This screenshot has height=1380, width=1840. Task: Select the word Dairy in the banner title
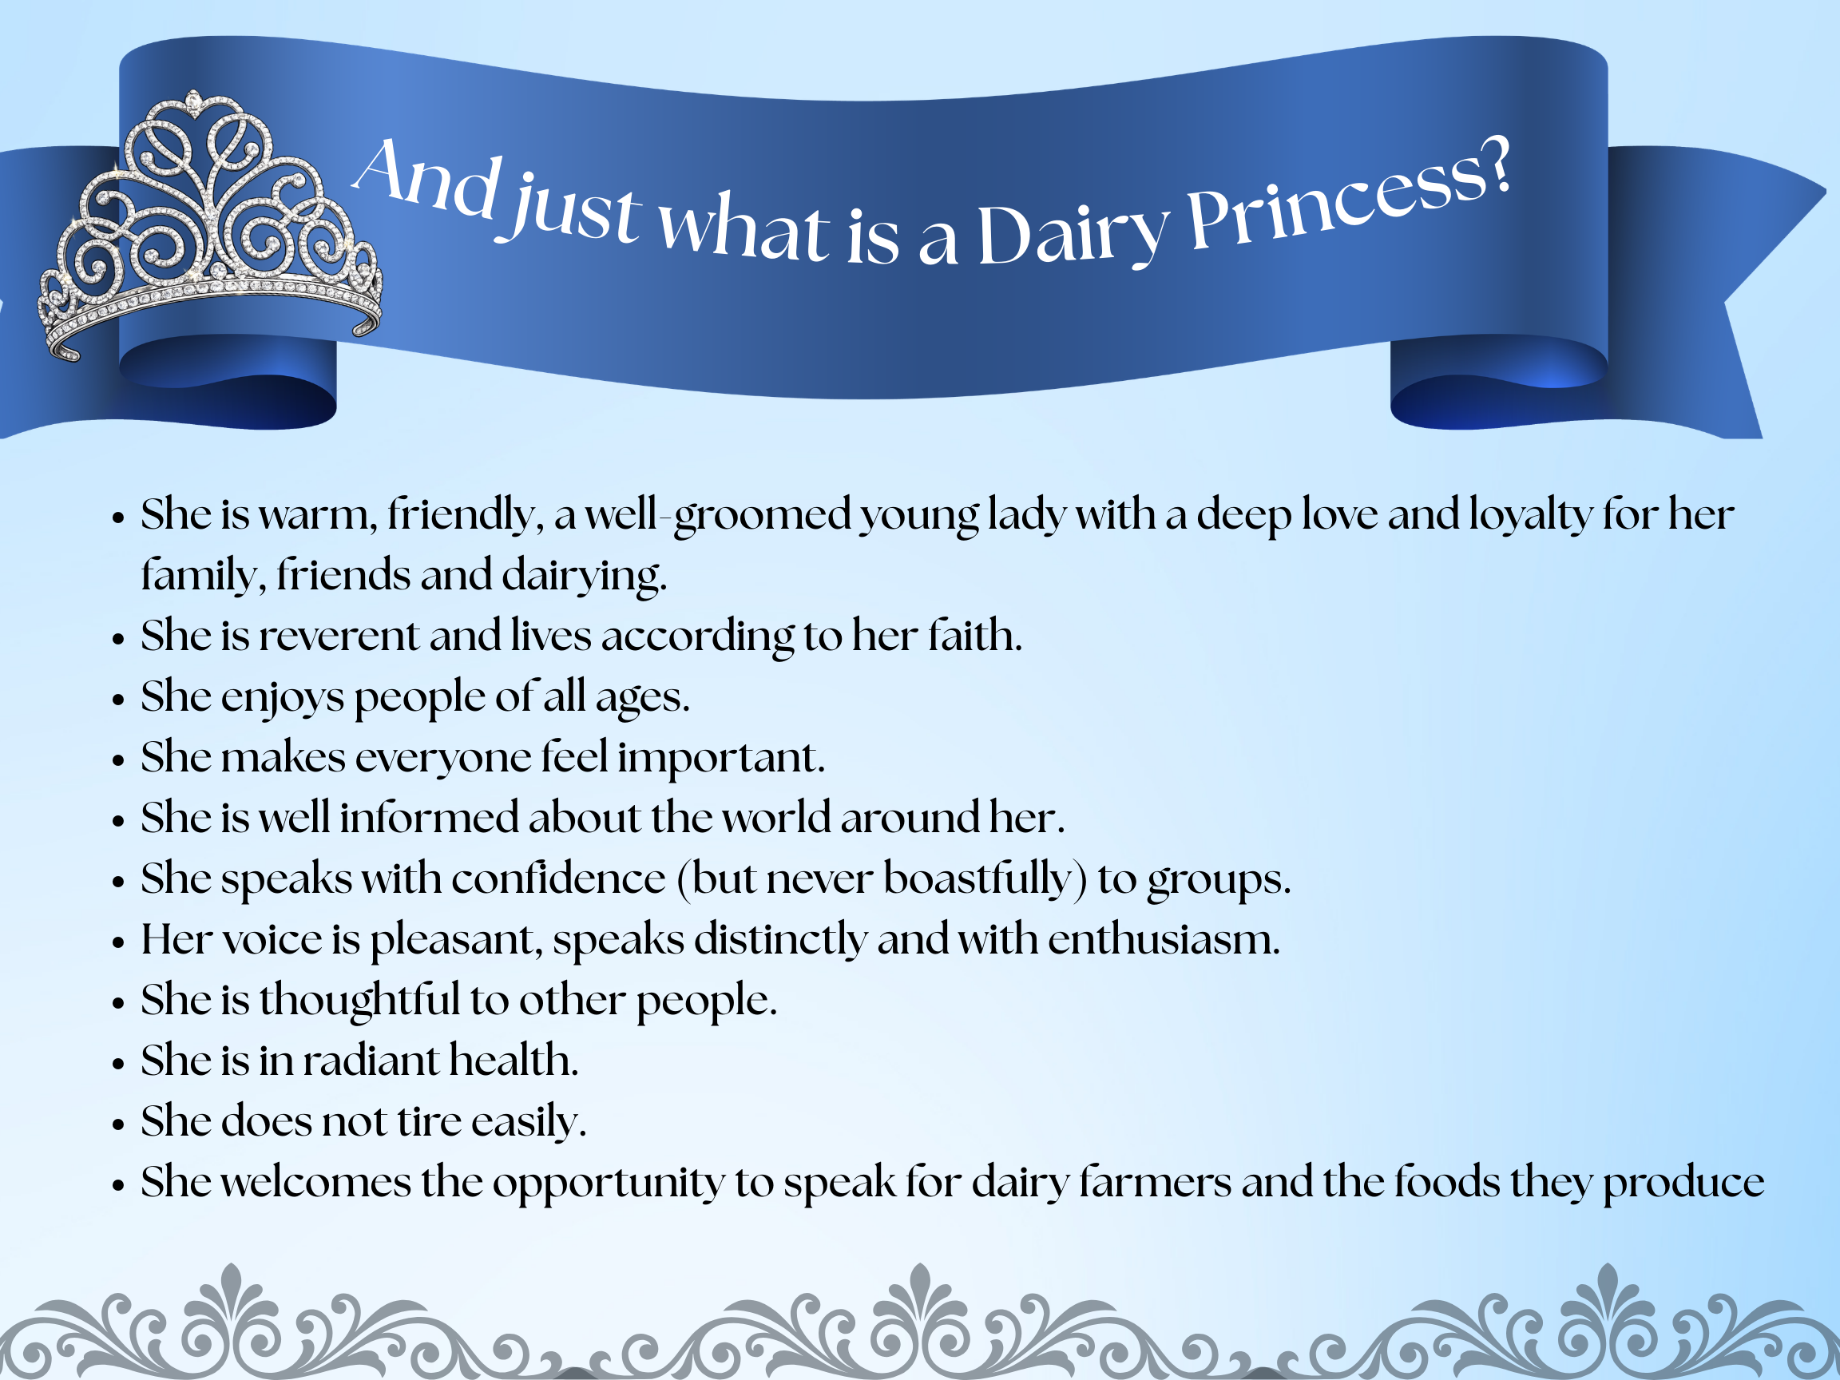[x=1074, y=235]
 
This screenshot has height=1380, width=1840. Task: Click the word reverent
[x=339, y=636]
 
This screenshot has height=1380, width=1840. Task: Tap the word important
[x=720, y=759]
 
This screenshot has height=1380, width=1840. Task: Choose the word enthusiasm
[x=1164, y=939]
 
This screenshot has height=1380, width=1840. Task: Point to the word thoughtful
[x=359, y=1000]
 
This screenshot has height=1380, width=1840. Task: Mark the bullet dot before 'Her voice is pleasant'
[x=118, y=943]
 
